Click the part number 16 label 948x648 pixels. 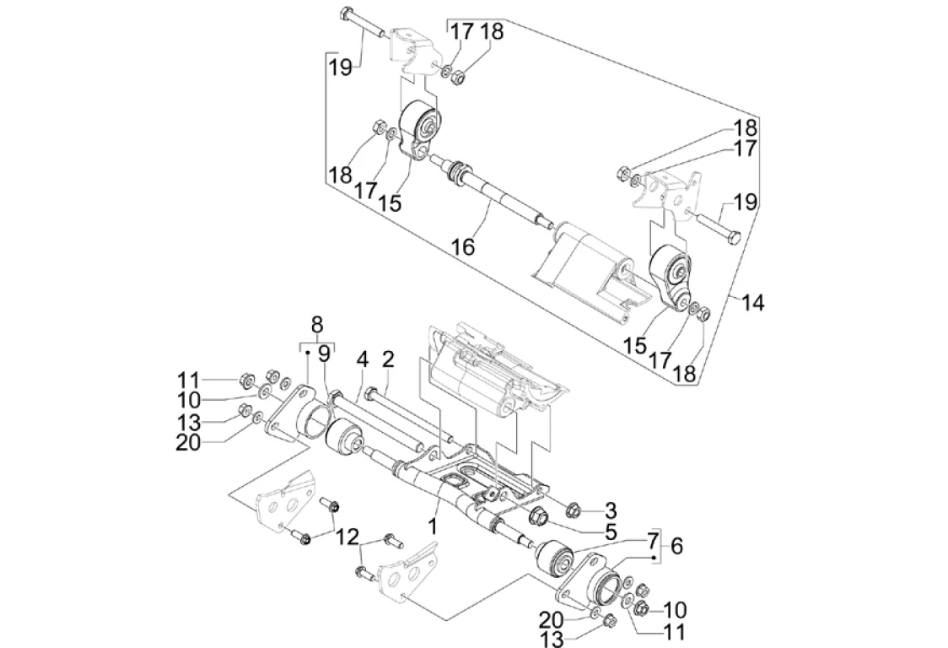462,246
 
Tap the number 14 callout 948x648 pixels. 752,303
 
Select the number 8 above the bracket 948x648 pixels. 317,324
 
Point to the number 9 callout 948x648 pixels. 325,355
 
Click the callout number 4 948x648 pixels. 362,359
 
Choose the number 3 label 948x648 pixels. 611,510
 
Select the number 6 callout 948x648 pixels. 676,546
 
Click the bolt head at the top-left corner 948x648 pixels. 348,14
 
